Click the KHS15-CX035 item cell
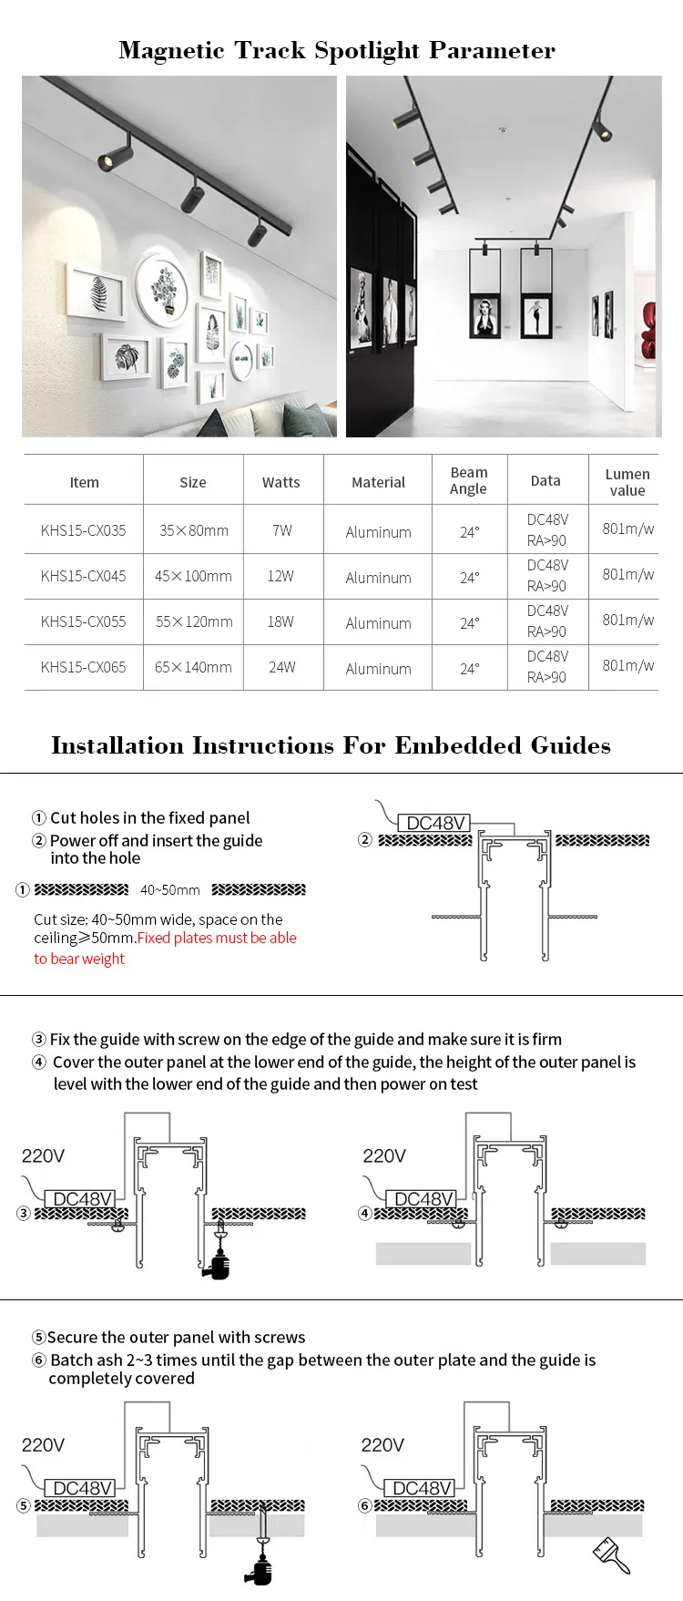(x=83, y=530)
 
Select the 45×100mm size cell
(x=193, y=576)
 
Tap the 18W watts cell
(x=280, y=621)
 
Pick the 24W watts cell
(x=281, y=667)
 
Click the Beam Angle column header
(x=468, y=480)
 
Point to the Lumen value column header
(x=627, y=482)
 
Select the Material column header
(x=378, y=482)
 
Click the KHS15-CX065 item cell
(x=83, y=667)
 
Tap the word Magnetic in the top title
(x=171, y=50)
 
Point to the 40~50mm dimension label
(x=169, y=889)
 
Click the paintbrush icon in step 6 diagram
(x=611, y=1554)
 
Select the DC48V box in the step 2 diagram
(x=435, y=823)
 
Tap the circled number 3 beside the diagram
(x=24, y=1213)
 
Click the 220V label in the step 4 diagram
(x=383, y=1155)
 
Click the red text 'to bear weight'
(x=79, y=959)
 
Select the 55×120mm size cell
(x=193, y=621)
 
